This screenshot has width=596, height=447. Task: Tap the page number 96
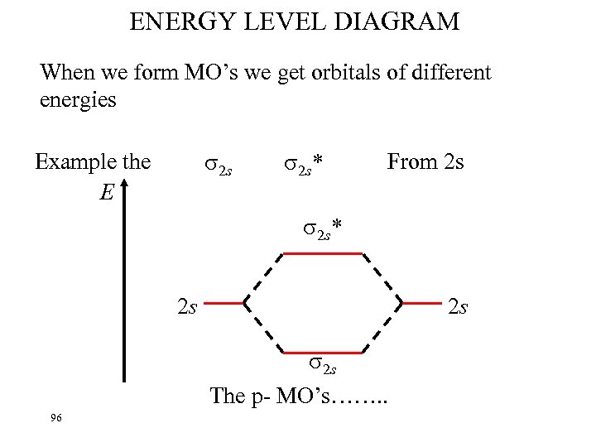point(55,418)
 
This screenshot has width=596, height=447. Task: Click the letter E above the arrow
point(105,193)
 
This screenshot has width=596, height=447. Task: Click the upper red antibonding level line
point(324,253)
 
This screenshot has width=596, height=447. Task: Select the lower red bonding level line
point(324,352)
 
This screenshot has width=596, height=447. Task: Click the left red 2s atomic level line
point(222,304)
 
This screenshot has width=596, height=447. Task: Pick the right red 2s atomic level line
point(421,304)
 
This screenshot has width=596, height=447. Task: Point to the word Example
point(76,161)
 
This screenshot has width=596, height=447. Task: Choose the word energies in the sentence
point(78,101)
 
